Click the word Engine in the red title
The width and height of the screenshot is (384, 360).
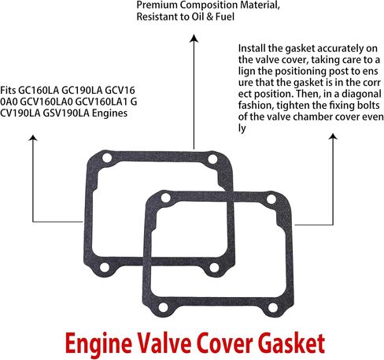coord(98,343)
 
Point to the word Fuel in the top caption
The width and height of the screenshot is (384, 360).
coord(225,17)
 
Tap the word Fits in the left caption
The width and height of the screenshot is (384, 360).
coord(8,91)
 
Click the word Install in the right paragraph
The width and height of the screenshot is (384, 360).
coord(252,48)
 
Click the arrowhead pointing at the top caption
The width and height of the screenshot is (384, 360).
coord(194,39)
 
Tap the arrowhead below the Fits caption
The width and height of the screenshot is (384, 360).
coord(33,138)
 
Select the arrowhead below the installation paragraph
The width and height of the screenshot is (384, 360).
coord(333,136)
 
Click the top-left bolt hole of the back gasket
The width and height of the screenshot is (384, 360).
coord(107,158)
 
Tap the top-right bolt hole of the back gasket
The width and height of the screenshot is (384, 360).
coord(212,159)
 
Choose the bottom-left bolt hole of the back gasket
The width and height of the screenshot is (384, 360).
coord(105,267)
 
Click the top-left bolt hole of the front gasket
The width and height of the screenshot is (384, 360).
coord(165,198)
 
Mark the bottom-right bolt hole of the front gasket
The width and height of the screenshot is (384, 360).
coord(273,307)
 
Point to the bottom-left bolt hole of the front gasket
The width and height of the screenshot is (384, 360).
coord(163,307)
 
